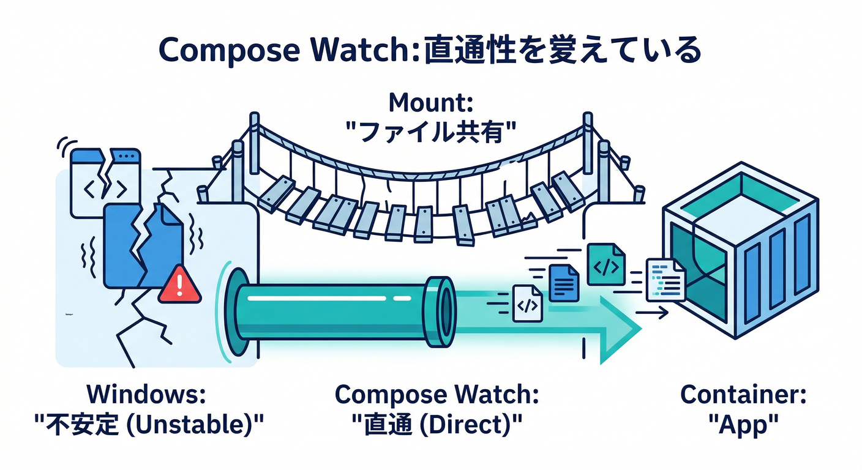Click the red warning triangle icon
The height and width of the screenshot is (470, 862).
coord(179,285)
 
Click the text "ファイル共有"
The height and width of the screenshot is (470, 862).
coord(431,131)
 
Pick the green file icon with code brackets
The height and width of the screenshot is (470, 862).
coord(606,264)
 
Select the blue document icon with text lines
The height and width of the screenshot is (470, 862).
coord(564,282)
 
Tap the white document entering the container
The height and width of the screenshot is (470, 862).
coord(665,278)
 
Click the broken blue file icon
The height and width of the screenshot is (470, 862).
coord(144,245)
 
